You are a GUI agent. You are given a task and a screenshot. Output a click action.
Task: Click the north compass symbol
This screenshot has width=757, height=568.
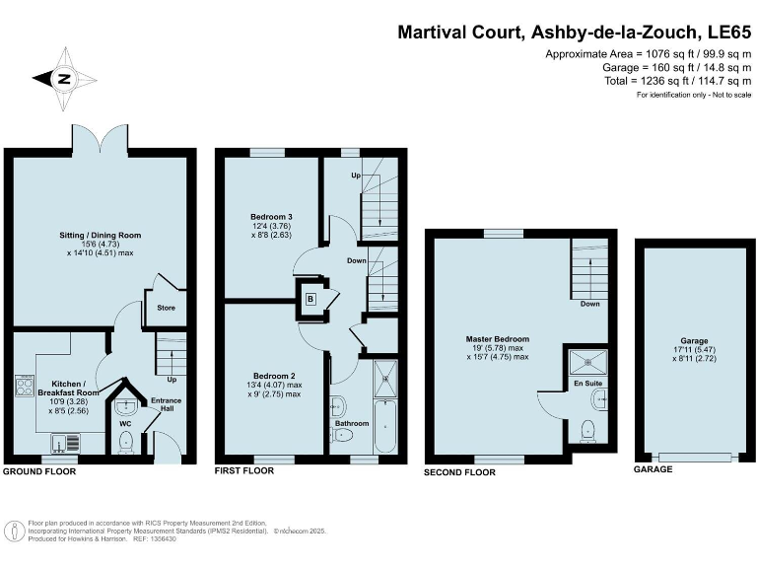(62, 79)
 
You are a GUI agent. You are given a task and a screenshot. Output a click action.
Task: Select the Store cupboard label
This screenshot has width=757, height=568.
(165, 307)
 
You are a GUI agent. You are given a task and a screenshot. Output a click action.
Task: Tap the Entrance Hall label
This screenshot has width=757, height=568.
(161, 405)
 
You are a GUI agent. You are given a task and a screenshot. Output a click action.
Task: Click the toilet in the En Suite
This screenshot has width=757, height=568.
(587, 429)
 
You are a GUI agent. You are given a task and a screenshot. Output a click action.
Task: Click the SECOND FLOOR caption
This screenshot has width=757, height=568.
(459, 473)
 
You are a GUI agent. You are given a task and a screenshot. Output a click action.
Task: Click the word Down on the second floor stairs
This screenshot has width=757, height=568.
(589, 304)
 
